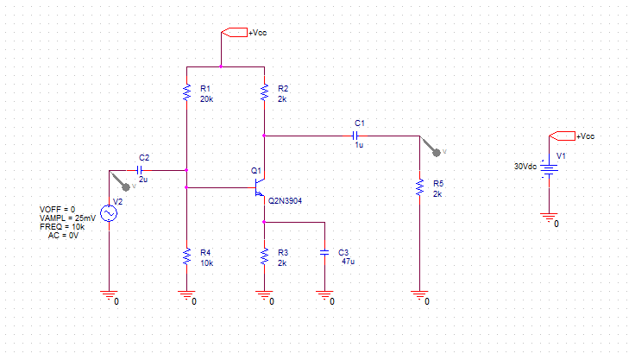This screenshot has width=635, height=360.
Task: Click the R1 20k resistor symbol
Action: [186, 92]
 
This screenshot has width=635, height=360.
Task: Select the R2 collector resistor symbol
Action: [265, 92]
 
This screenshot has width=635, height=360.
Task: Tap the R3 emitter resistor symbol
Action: [265, 256]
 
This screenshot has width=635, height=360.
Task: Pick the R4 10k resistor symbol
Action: [186, 256]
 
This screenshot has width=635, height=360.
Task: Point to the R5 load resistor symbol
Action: [419, 187]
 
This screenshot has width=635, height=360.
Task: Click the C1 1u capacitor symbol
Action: [355, 136]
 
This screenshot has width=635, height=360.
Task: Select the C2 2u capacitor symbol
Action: [140, 170]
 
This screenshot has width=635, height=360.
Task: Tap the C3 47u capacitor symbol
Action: [324, 253]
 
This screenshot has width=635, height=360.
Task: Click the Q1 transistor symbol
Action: [259, 187]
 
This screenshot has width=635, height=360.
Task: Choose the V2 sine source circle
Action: [109, 213]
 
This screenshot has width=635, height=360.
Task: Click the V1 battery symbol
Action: [549, 170]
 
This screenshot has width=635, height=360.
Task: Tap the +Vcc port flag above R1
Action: [235, 33]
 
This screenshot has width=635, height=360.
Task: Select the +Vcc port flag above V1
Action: [563, 136]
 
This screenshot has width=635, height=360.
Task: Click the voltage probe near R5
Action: [431, 147]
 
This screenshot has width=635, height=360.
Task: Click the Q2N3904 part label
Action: [285, 200]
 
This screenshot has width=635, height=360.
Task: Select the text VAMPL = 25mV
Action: [67, 218]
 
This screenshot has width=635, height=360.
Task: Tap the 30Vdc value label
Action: [525, 167]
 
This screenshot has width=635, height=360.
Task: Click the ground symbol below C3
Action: [324, 295]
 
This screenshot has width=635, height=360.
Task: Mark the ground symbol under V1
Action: [549, 218]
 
